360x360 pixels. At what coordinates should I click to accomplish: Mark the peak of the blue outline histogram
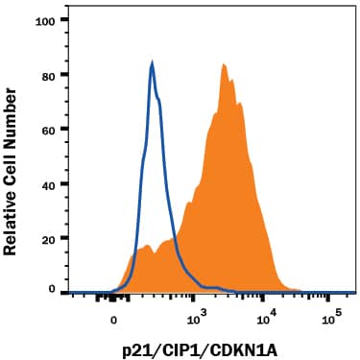(x=153, y=63)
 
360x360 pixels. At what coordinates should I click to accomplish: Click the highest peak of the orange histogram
(x=223, y=65)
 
